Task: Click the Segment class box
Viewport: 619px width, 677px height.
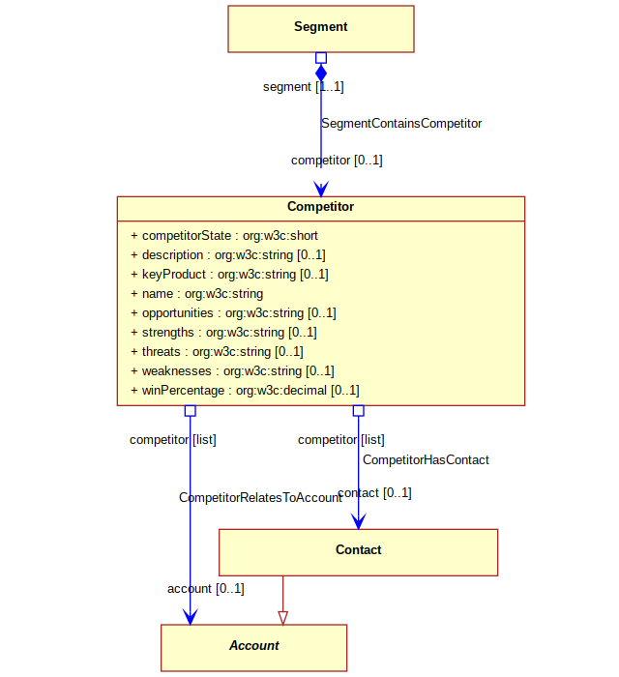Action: (x=321, y=29)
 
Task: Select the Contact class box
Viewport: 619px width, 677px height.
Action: (x=358, y=552)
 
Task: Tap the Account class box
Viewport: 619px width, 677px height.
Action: (x=253, y=648)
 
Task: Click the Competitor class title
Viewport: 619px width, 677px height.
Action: (x=321, y=206)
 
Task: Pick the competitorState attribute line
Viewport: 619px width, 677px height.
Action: (x=224, y=236)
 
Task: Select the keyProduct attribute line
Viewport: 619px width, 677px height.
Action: (x=229, y=274)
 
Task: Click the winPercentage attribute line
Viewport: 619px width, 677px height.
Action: (x=245, y=391)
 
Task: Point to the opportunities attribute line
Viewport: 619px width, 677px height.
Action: (x=233, y=313)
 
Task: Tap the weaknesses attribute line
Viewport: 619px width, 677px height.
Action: (x=233, y=370)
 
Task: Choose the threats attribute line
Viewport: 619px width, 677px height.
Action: (x=217, y=351)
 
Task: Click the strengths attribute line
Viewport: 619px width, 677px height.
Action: (x=223, y=333)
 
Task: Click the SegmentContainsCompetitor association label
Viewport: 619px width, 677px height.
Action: (x=401, y=124)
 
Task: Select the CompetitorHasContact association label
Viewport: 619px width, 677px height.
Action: (x=426, y=459)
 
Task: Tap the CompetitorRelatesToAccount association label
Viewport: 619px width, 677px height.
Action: (x=260, y=497)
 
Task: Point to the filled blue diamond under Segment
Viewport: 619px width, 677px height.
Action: (x=321, y=73)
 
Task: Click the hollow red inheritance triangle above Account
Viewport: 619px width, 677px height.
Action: (x=282, y=618)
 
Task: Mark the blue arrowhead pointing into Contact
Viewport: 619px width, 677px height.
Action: (x=358, y=521)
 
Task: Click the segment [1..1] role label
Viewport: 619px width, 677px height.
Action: (x=304, y=87)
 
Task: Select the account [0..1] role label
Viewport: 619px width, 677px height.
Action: (x=206, y=588)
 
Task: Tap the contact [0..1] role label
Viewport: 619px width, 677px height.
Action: (x=374, y=492)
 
